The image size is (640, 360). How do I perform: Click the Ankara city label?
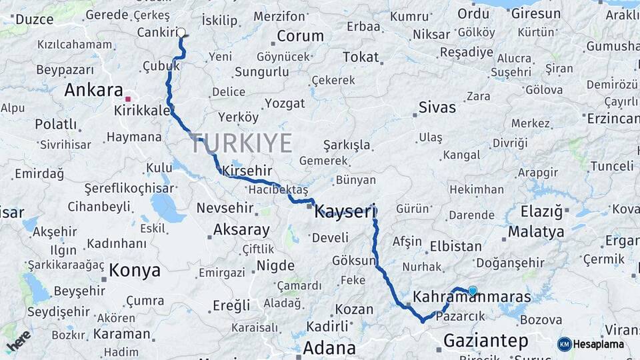pos(93,90)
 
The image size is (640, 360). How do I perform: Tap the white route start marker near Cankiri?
pos(181,32)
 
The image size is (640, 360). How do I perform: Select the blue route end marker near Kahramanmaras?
pos(473,291)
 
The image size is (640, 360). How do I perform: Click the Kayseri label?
pos(345,212)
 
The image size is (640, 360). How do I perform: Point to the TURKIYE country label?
pos(241,143)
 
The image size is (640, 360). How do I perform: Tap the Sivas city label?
pos(437,107)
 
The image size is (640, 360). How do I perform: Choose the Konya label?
pos(135,270)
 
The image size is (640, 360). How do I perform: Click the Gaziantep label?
pos(486,341)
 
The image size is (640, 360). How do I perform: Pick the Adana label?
pos(329,347)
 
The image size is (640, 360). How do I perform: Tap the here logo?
pos(18,341)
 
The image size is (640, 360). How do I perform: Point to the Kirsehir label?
pos(248,171)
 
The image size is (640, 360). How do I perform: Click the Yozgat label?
pos(285,103)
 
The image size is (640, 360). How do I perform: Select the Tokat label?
pos(361,57)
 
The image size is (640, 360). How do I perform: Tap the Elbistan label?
pos(455,245)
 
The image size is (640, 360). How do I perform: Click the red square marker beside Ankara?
pos(127,99)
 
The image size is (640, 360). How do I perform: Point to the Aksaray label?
pos(241,231)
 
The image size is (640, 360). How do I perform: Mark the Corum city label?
pos(300,36)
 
